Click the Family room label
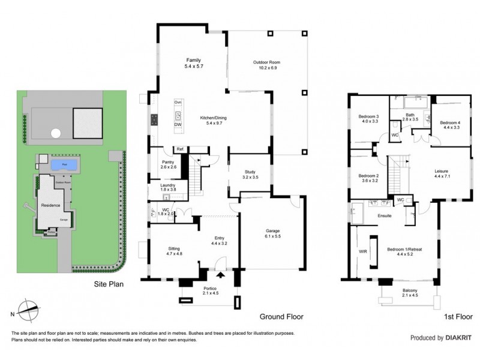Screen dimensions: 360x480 pos(193,60)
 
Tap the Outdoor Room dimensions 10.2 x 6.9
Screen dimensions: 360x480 pos(266,69)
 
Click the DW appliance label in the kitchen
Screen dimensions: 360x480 pos(178,125)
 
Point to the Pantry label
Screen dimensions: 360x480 pos(168,162)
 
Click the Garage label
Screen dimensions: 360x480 pos(274,231)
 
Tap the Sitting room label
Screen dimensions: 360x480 pos(173,248)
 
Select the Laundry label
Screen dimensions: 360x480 pos(168,185)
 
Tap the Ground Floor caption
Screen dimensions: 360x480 pos(281,316)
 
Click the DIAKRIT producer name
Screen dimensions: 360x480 pos(460,338)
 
